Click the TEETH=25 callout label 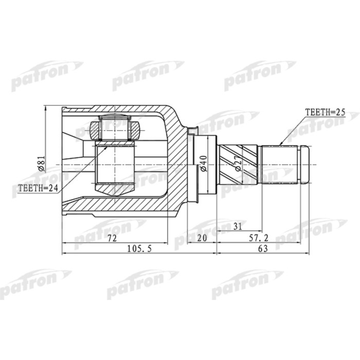(324, 112)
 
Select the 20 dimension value (202, 238)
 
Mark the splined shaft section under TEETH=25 (280, 165)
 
